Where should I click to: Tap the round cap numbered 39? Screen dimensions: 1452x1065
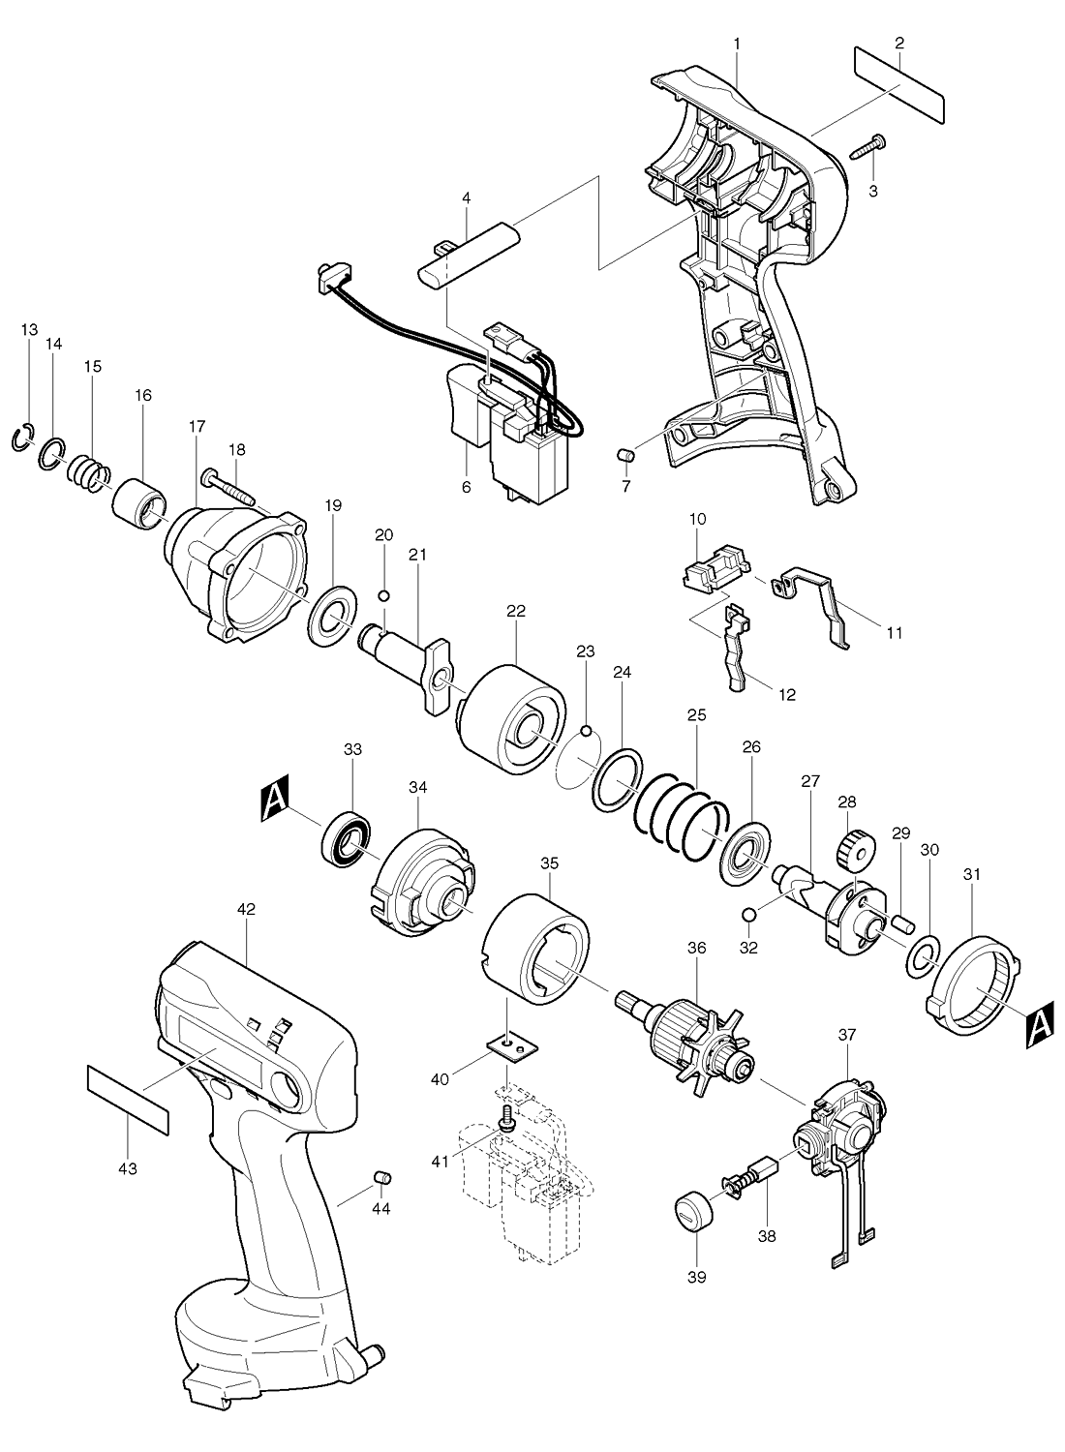click(x=692, y=1212)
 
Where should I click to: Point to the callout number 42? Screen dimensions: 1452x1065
click(x=246, y=909)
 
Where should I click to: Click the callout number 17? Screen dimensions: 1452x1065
click(x=197, y=425)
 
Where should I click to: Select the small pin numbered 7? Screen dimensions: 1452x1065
click(x=625, y=453)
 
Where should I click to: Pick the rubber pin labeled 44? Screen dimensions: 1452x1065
click(x=381, y=1176)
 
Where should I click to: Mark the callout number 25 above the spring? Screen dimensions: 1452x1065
click(x=696, y=714)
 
